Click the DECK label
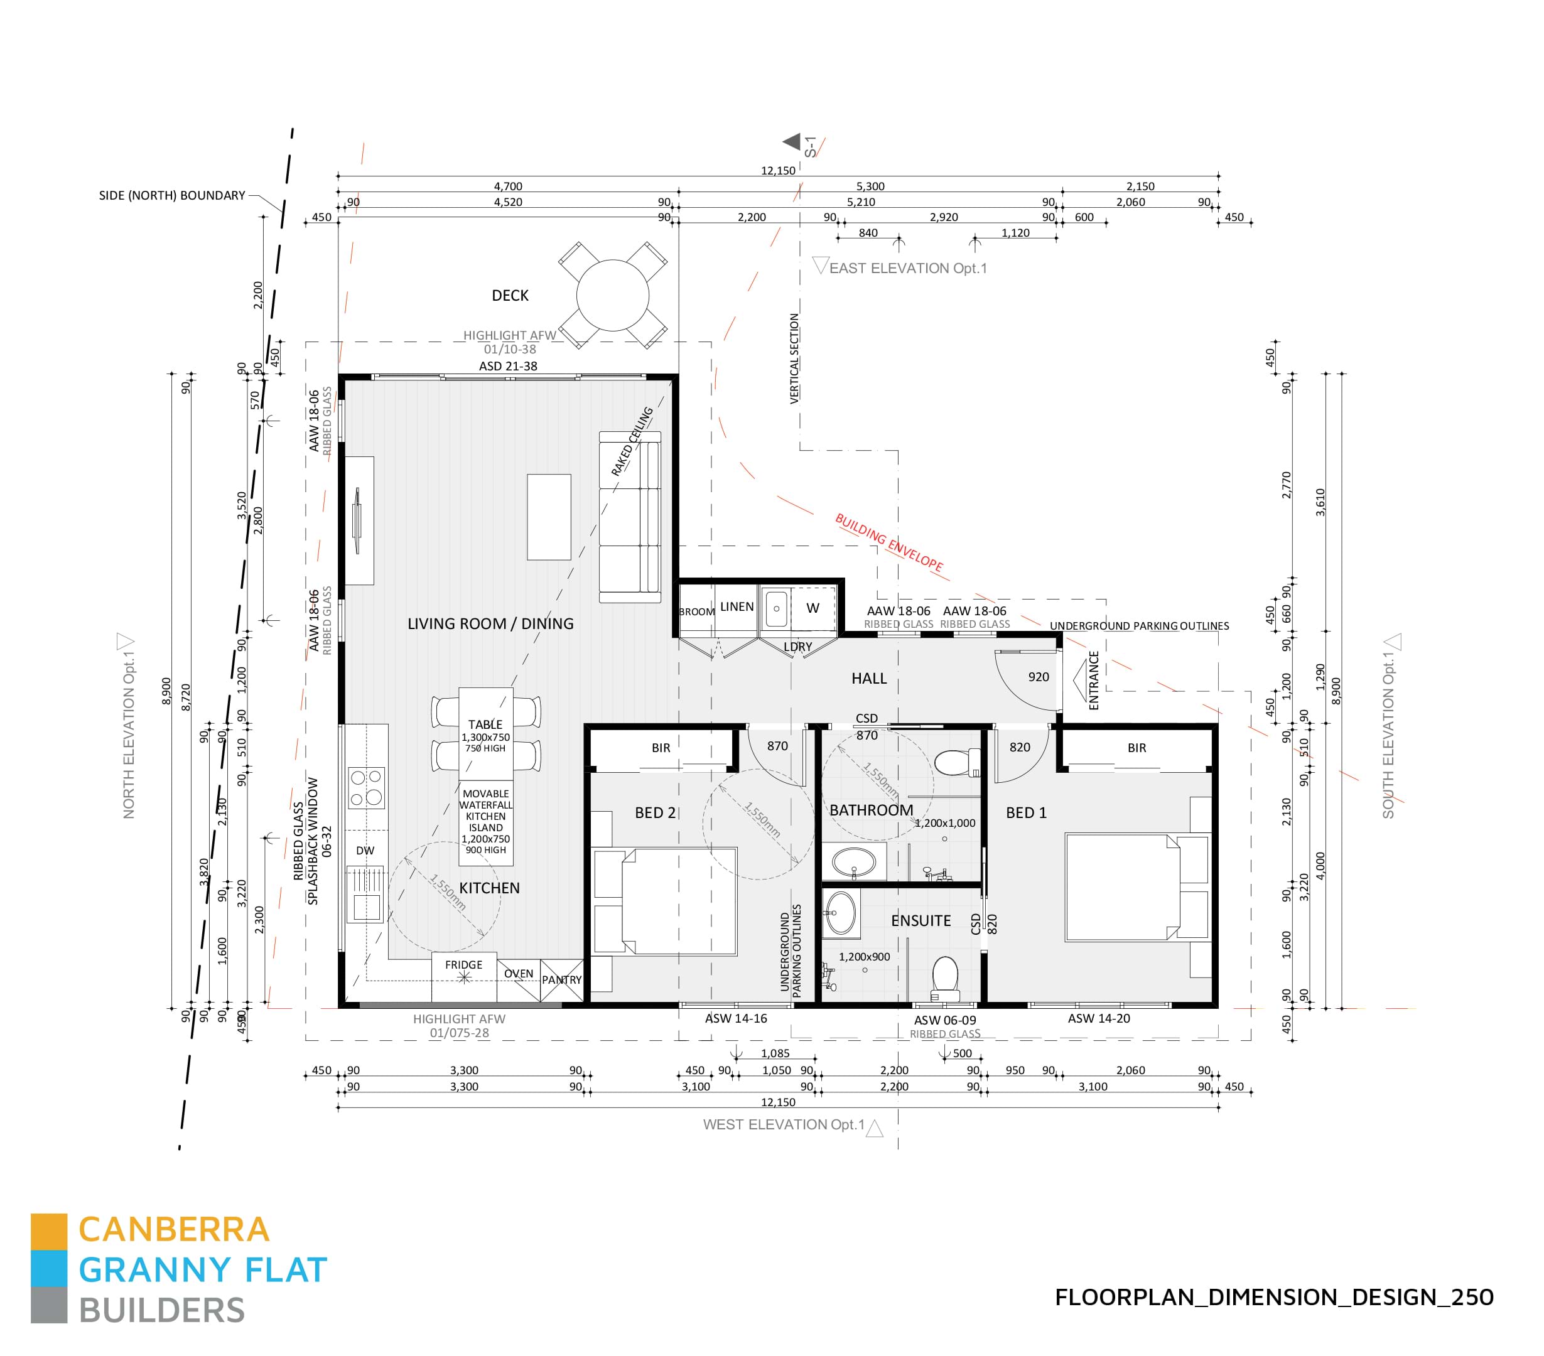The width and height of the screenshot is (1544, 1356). [x=510, y=296]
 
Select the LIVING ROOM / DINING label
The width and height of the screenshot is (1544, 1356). [x=490, y=624]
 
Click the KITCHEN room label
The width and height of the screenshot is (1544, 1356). [x=490, y=888]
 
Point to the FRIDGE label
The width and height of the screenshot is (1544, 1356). [x=463, y=965]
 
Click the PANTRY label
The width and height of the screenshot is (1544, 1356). [x=561, y=980]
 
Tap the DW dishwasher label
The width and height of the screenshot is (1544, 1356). [x=365, y=851]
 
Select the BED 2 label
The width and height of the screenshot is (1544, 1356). [x=655, y=813]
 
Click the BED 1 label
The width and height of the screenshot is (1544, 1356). [x=1026, y=813]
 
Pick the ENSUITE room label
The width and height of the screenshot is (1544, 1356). [x=920, y=921]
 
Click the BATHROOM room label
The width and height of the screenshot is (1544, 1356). [x=871, y=810]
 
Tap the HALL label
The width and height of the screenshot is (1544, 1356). [x=868, y=679]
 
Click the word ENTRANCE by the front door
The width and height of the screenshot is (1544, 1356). [x=1093, y=680]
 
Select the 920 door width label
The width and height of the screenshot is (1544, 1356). [x=1038, y=677]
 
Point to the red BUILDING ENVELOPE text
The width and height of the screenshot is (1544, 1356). [x=888, y=542]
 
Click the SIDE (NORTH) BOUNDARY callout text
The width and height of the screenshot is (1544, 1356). [x=171, y=196]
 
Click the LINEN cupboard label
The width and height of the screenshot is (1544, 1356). [x=737, y=606]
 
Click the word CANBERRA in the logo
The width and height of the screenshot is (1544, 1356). [x=174, y=1230]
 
